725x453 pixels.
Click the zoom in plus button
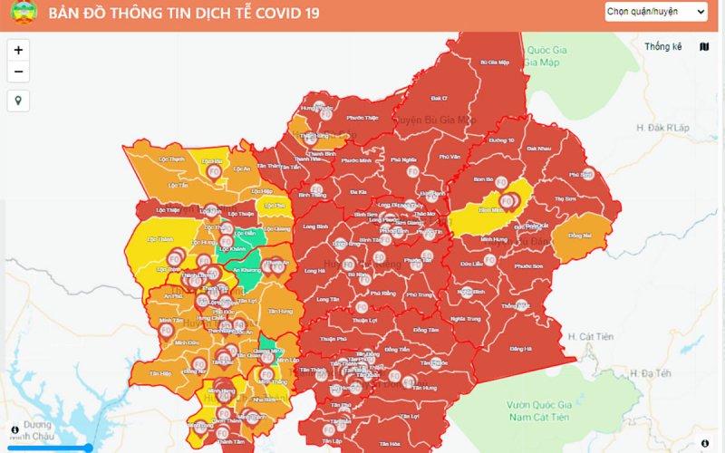point(18,51)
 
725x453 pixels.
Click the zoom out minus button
point(18,72)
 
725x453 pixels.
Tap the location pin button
point(18,100)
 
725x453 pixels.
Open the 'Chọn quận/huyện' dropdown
point(656,11)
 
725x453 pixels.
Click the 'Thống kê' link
point(662,46)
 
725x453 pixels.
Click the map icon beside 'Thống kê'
point(705,46)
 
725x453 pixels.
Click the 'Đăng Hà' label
point(520,349)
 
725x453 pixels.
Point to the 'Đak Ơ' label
point(439,98)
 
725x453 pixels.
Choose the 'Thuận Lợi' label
point(365,320)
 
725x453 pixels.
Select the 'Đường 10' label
point(501,141)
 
